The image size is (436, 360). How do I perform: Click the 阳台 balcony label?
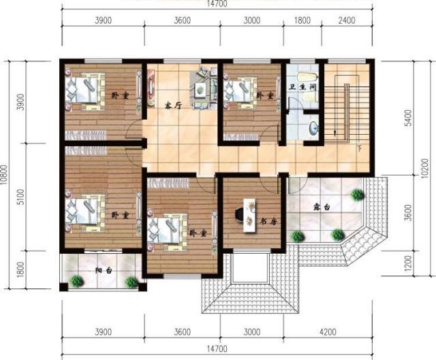pyautogui.click(x=104, y=271)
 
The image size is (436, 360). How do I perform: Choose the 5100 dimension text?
pyautogui.click(x=20, y=197)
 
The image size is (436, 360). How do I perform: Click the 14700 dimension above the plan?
pyautogui.click(x=217, y=4)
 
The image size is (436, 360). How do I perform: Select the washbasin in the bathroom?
pyautogui.click(x=313, y=127)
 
